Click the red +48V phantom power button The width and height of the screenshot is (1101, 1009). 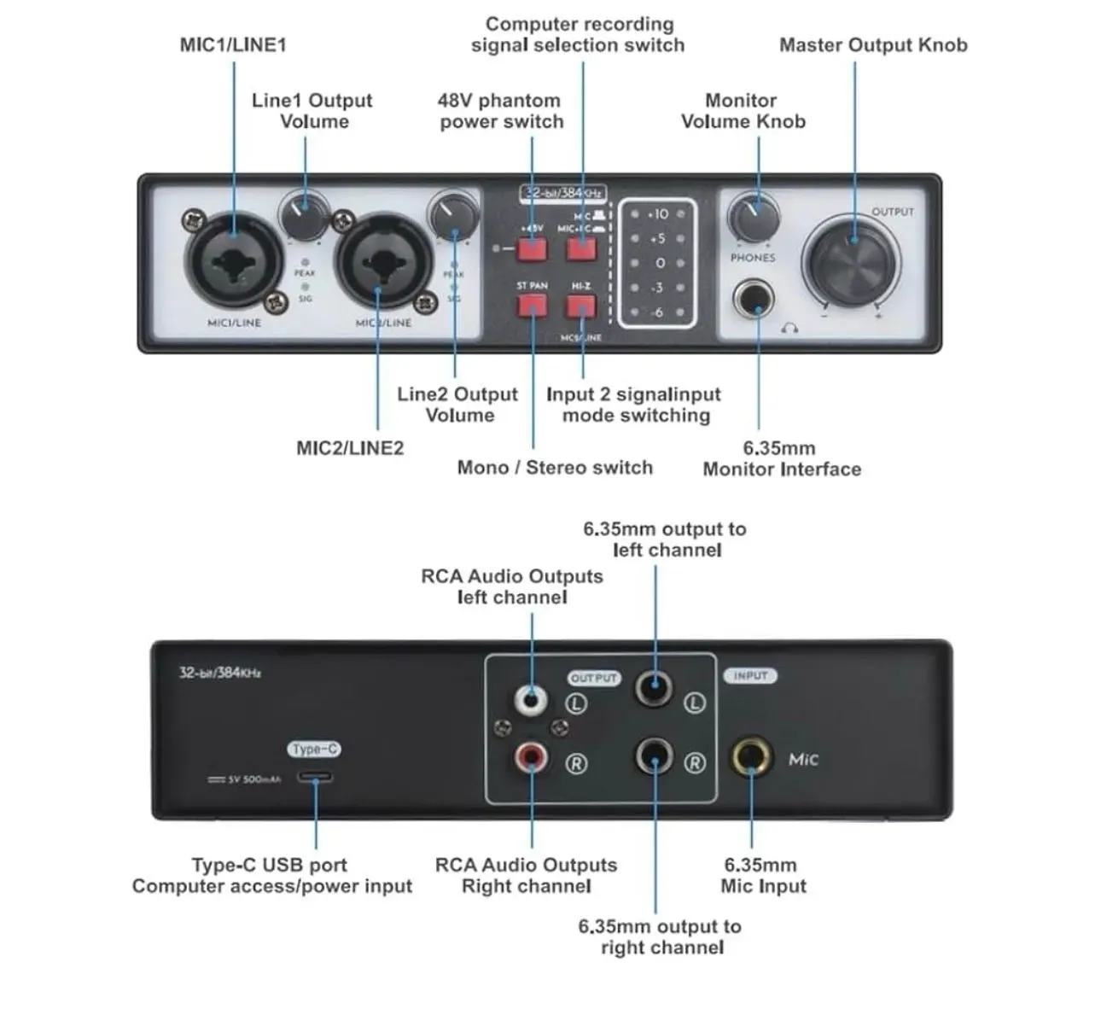click(x=532, y=248)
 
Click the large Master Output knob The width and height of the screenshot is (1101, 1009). click(x=850, y=256)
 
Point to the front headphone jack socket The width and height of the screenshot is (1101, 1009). click(x=754, y=300)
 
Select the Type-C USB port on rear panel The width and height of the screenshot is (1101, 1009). click(x=315, y=778)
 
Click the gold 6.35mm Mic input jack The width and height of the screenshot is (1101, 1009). click(x=750, y=758)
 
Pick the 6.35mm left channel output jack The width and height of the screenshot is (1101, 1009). click(x=654, y=687)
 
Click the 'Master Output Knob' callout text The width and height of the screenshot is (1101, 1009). click(x=873, y=45)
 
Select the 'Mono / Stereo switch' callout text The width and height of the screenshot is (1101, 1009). click(x=555, y=468)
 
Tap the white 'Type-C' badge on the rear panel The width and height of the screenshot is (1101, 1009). click(x=314, y=749)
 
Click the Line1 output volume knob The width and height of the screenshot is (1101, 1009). click(x=304, y=216)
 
